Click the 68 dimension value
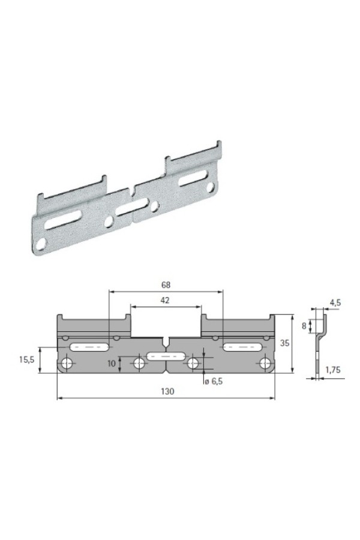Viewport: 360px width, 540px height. pyautogui.click(x=166, y=285)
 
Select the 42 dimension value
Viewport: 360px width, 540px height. pyautogui.click(x=165, y=301)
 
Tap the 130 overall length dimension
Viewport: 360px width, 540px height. pyautogui.click(x=167, y=391)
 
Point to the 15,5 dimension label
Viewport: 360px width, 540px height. pyautogui.click(x=26, y=360)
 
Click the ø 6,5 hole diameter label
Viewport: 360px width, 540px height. pyautogui.click(x=213, y=381)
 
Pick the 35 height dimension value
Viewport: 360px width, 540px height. pyautogui.click(x=284, y=343)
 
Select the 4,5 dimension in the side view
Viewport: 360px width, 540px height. pyautogui.click(x=335, y=303)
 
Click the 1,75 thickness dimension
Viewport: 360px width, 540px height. pyautogui.click(x=332, y=370)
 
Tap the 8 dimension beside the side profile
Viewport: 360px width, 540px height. pyautogui.click(x=304, y=325)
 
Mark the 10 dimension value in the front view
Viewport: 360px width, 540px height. pyautogui.click(x=111, y=364)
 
